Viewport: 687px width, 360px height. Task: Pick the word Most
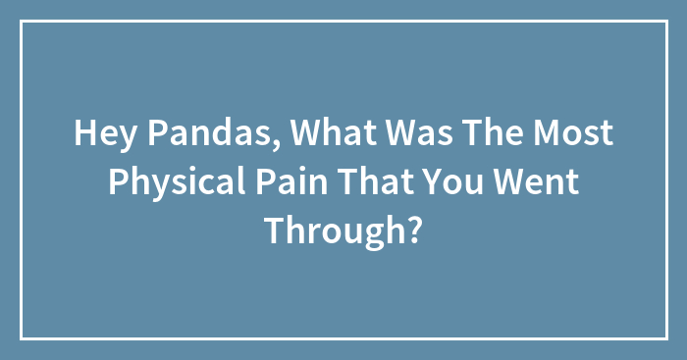573,134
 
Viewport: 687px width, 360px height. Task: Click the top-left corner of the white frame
22,22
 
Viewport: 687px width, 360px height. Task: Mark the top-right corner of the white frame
665,22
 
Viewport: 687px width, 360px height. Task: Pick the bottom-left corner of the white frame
22,338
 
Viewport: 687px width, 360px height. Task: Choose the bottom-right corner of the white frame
665,338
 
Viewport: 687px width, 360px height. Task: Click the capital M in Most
546,134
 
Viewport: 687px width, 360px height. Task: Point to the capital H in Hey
82,134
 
